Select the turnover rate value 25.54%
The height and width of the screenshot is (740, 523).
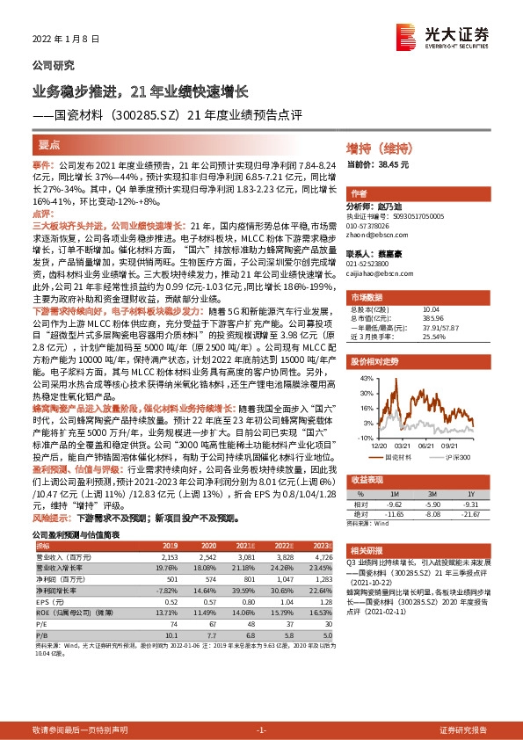pos(434,337)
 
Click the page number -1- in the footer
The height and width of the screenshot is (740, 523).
pos(261,729)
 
